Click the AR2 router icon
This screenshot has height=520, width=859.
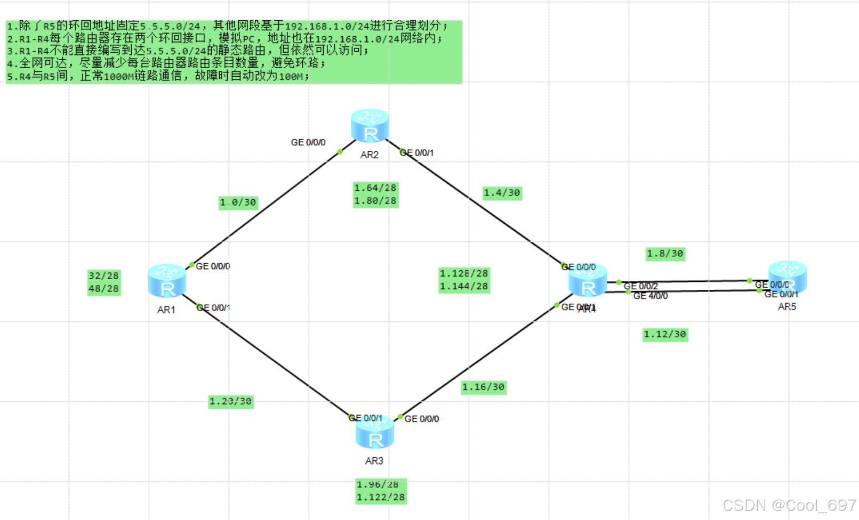[x=370, y=126]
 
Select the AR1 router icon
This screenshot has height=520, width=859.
[x=167, y=281]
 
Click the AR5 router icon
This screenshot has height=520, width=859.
[x=788, y=277]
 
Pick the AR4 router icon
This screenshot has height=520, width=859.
[x=588, y=281]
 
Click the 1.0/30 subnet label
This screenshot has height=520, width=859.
[x=238, y=202]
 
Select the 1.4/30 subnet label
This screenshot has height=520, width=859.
[x=502, y=193]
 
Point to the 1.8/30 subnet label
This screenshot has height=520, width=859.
[x=665, y=254]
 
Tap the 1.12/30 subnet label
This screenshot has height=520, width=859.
[x=665, y=335]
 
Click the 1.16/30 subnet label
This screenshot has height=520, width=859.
[x=483, y=387]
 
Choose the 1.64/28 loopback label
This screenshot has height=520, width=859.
[x=375, y=188]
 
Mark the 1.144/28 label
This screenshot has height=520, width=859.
[x=464, y=287]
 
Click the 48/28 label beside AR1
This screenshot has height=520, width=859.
[x=104, y=289]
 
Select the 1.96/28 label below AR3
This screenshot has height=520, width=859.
[x=378, y=484]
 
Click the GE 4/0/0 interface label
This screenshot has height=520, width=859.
[x=651, y=296]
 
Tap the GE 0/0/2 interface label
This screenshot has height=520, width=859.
[x=641, y=287]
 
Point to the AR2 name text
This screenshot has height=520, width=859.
[x=370, y=155]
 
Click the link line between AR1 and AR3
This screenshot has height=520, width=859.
[x=277, y=362]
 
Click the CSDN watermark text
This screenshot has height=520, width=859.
[x=789, y=505]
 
